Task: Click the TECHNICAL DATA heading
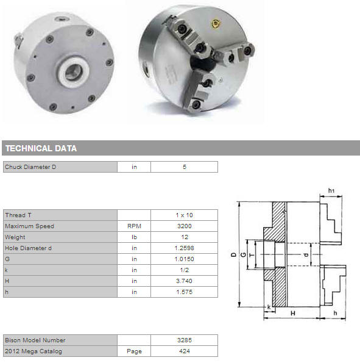[x=41, y=148]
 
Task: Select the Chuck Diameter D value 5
[x=185, y=167]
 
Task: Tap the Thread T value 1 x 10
[x=185, y=215]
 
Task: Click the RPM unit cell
[x=134, y=226]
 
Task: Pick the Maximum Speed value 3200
[x=185, y=226]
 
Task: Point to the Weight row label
[x=15, y=237]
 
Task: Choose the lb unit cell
[x=134, y=237]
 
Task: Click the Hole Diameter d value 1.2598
[x=185, y=248]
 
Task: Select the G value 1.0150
[x=185, y=259]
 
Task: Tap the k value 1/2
[x=185, y=270]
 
